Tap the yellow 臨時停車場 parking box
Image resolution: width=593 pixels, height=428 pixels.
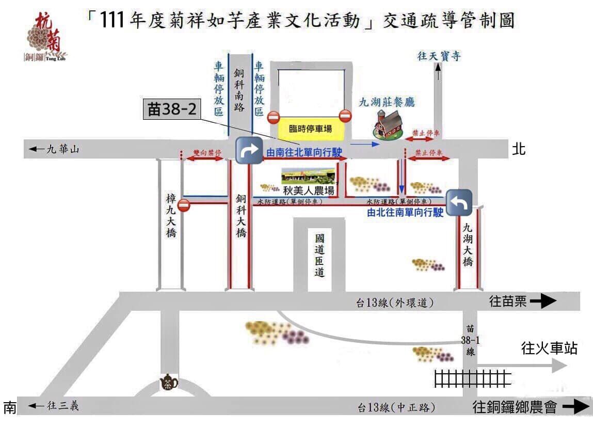[x=310, y=129]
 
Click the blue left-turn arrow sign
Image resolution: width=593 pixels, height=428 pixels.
[x=459, y=203]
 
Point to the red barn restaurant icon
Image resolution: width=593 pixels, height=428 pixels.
[x=387, y=125]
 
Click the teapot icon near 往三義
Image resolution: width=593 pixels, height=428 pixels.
[x=169, y=383]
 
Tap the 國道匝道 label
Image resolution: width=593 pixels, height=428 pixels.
[x=320, y=256]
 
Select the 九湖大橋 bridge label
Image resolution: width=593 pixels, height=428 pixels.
[x=468, y=244]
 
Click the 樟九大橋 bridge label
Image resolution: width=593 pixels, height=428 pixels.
[x=171, y=216]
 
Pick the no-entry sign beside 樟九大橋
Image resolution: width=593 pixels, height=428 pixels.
[x=184, y=206]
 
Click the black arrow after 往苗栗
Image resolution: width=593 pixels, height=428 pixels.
[x=543, y=302]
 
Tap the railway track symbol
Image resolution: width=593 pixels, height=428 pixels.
[x=472, y=379]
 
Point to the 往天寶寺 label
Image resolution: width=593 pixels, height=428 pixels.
[x=438, y=56]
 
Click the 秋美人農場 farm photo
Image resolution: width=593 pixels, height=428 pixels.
[x=309, y=176]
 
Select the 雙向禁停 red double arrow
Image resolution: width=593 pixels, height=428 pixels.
[x=204, y=160]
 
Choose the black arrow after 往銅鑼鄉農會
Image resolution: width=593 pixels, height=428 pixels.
[x=575, y=408]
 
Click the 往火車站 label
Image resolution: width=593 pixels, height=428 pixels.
[x=549, y=349]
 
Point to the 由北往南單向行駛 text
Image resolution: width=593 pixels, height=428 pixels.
[x=405, y=212]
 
